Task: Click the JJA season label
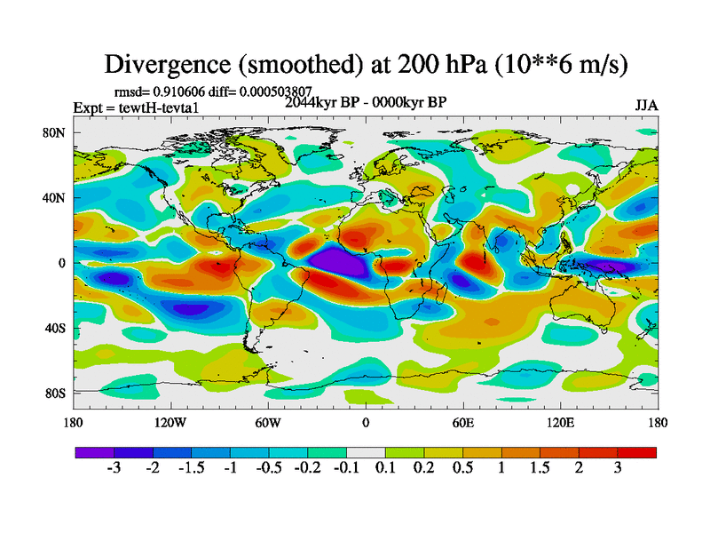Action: (646, 105)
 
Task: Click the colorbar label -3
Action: (114, 468)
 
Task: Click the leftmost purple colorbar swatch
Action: (94, 452)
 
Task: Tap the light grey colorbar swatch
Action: (366, 452)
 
